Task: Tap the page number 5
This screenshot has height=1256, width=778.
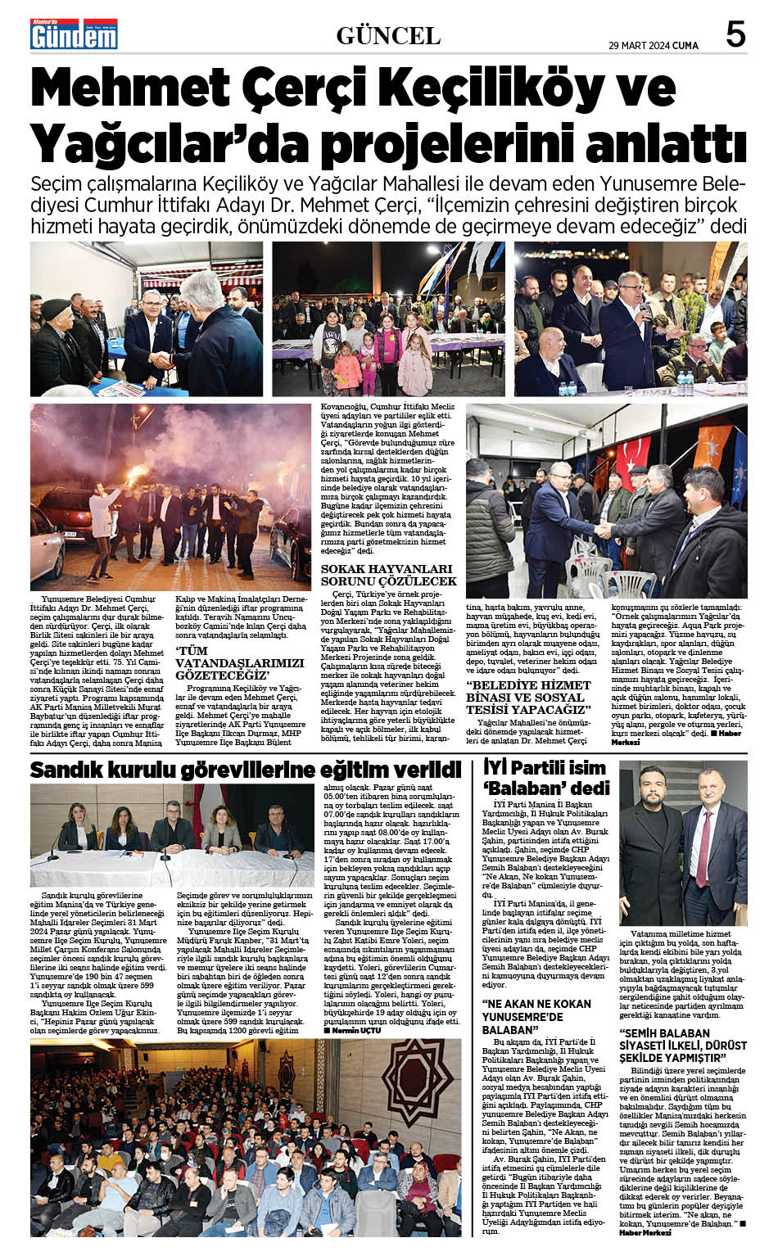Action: point(735,34)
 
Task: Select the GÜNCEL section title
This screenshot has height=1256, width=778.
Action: point(388,36)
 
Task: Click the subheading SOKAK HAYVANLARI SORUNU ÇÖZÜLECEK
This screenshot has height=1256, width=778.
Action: point(387,574)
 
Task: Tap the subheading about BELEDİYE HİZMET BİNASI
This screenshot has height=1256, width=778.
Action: point(529,698)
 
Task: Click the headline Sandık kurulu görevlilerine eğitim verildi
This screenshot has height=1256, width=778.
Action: point(246,770)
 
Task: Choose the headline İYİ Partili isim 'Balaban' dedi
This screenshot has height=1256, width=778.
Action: point(546,778)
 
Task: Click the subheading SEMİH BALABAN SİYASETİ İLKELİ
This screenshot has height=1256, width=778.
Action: point(683,1045)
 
